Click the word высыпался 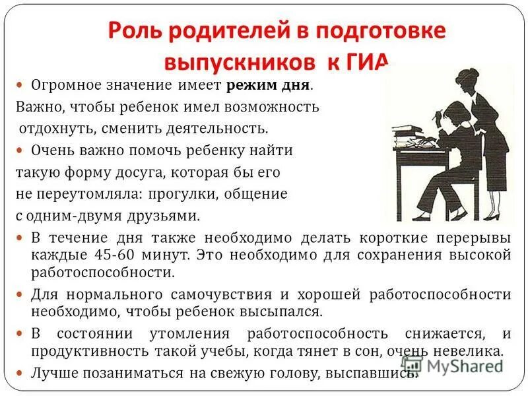[289, 311]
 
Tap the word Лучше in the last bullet [51, 372]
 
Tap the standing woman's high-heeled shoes [491, 214]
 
